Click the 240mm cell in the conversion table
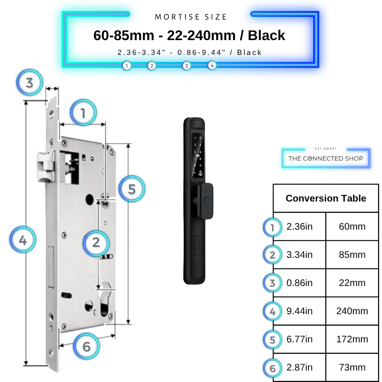(352, 311)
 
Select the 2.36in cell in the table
(299, 226)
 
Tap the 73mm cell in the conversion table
(352, 367)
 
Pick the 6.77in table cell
(299, 339)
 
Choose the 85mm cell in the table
(352, 255)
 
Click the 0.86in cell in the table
(299, 283)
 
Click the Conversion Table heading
(326, 198)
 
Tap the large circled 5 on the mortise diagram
(132, 189)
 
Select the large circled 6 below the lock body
(86, 346)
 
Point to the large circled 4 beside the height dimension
(23, 240)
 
